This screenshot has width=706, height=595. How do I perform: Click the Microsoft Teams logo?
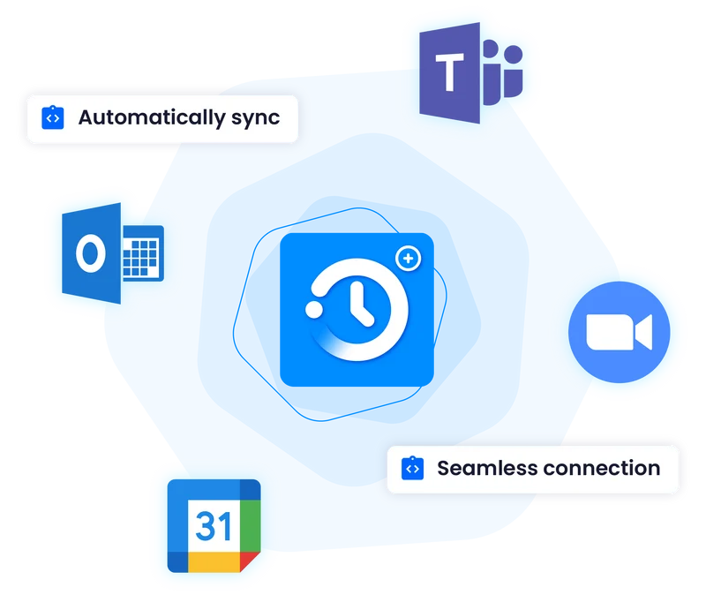click(x=471, y=73)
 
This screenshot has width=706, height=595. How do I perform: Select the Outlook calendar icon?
click(x=113, y=253)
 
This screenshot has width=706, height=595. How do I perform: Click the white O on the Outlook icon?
click(x=91, y=253)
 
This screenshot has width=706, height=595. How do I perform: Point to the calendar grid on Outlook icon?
click(x=140, y=257)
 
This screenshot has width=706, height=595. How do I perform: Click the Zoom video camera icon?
click(x=620, y=332)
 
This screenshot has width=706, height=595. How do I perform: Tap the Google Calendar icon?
click(x=214, y=525)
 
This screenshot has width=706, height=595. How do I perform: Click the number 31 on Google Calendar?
click(x=214, y=525)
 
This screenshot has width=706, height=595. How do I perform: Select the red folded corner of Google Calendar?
click(x=249, y=561)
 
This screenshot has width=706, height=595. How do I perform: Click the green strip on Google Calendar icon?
click(x=251, y=525)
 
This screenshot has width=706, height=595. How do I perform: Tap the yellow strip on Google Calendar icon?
click(x=214, y=562)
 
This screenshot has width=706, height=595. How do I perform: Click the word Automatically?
click(x=152, y=118)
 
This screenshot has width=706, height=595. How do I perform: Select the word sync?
click(x=256, y=118)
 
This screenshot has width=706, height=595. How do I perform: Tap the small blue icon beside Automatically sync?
click(x=53, y=117)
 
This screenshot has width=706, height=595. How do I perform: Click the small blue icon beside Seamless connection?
click(x=412, y=469)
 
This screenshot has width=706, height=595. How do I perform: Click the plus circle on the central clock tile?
click(x=409, y=259)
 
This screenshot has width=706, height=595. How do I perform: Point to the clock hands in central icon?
click(x=361, y=303)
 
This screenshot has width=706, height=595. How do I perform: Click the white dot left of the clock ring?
click(x=314, y=310)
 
